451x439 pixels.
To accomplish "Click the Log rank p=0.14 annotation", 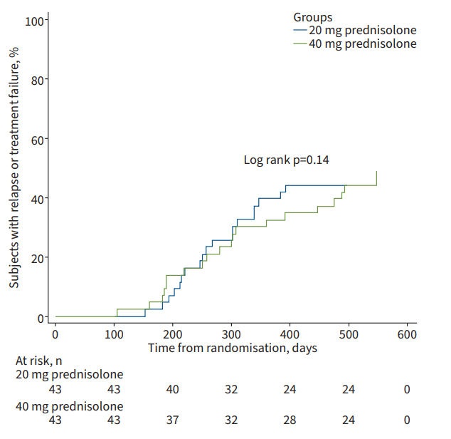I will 286,160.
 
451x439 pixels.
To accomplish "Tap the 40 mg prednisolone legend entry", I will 362,43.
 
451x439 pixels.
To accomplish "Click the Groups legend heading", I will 313,16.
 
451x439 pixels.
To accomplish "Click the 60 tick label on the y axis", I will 35,139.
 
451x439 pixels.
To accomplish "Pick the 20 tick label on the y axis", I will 35,258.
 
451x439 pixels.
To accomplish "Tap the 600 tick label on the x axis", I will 406,334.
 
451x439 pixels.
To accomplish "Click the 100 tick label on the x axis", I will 114,334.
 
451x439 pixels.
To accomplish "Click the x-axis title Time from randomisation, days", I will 233,348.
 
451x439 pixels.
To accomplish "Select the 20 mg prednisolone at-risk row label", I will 69,374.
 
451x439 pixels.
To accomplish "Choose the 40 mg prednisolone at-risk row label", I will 69,406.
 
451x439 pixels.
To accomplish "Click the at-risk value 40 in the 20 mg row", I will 172,389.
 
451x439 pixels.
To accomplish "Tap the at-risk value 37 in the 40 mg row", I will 172,421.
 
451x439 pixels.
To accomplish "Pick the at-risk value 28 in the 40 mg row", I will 289,421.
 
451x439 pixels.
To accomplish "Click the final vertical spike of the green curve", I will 376,178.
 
